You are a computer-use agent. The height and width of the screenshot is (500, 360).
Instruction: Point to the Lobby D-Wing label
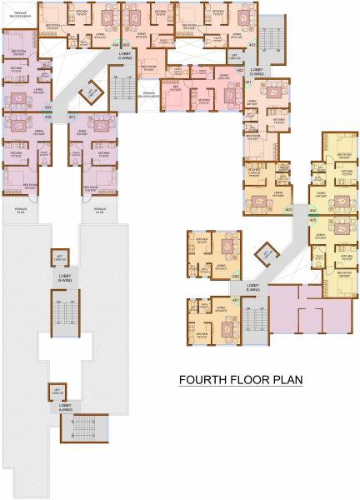[256, 74]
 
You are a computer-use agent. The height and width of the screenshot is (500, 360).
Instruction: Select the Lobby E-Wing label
[252, 287]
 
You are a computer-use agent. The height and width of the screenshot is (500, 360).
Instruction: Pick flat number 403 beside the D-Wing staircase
[252, 45]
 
